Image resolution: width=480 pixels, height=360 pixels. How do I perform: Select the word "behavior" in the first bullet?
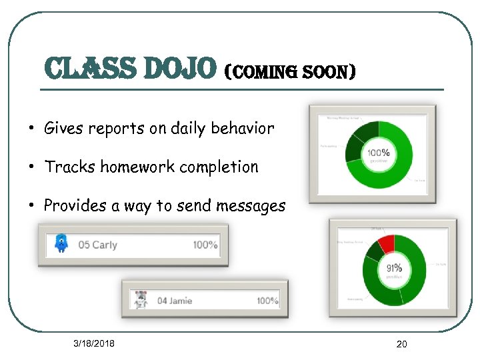pyautogui.click(x=243, y=128)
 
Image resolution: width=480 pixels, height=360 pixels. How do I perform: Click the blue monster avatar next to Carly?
pyautogui.click(x=61, y=244)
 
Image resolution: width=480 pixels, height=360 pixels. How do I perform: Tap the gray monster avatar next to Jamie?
pyautogui.click(x=140, y=300)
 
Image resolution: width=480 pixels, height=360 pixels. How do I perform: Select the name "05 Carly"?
pyautogui.click(x=97, y=245)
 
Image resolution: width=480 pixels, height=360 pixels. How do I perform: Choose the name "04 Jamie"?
pyautogui.click(x=175, y=301)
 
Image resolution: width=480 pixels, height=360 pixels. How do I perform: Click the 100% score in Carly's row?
pyautogui.click(x=205, y=245)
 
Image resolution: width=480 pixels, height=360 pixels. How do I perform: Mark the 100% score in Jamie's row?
pyautogui.click(x=268, y=301)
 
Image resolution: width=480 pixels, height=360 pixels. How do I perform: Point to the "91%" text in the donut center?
pyautogui.click(x=394, y=269)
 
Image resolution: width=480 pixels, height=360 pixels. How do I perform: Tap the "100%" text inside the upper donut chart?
pyautogui.click(x=378, y=153)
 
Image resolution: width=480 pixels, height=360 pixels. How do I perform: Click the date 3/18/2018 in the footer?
pyautogui.click(x=94, y=343)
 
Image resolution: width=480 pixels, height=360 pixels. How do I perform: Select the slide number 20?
pyautogui.click(x=401, y=344)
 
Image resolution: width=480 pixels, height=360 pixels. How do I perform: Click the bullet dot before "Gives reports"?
pyautogui.click(x=32, y=128)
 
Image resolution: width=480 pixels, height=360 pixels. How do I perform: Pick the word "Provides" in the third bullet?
pyautogui.click(x=71, y=205)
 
